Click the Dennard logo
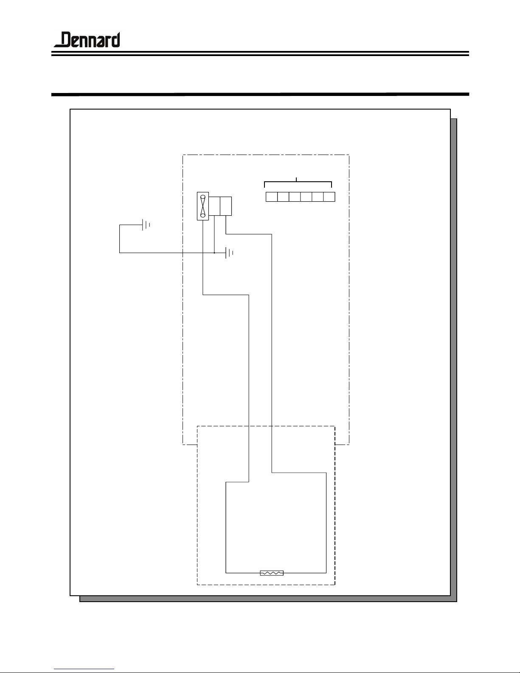coord(87,39)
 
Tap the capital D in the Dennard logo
coord(66,39)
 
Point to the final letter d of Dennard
coord(116,39)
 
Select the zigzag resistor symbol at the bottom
coord(272,573)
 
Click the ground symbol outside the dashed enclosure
coord(146,225)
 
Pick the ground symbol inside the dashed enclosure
coord(229,253)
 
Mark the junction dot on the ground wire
coord(214,253)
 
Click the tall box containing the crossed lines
coord(203,206)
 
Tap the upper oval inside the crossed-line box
coord(203,197)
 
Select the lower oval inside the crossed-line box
coord(203,215)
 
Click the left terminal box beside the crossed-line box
coord(214,206)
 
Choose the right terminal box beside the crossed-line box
coord(226,206)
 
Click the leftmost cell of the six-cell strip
coord(271,197)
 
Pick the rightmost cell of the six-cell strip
coord(329,197)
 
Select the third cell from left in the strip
coord(295,197)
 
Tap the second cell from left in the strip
coord(283,197)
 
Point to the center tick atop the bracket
coord(296,180)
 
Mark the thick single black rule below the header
coord(260,94)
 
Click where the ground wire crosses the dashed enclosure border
coord(183,253)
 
